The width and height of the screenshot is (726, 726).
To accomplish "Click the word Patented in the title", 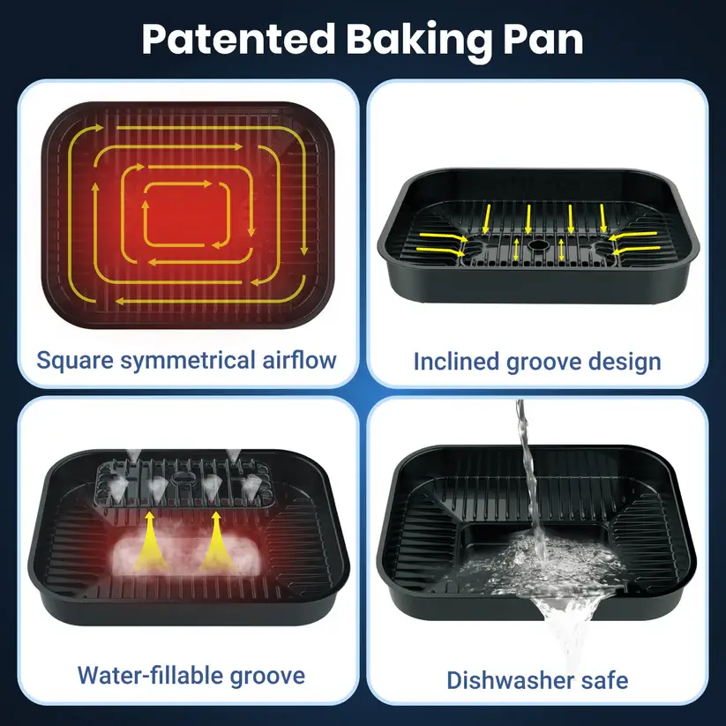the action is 238,39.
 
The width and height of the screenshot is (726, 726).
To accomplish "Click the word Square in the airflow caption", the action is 75,361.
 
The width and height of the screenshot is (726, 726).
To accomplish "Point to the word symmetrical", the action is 188,361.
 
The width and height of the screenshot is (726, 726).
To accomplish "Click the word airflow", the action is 300,360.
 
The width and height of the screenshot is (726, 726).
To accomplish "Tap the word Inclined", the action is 456,362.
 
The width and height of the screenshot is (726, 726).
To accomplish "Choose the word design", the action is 625,363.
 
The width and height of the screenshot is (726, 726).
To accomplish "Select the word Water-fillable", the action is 150,675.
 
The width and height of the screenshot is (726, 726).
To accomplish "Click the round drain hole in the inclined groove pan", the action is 538,244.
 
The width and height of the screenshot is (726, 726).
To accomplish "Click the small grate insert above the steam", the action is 183,483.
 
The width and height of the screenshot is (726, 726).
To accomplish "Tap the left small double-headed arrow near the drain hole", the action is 516,249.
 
